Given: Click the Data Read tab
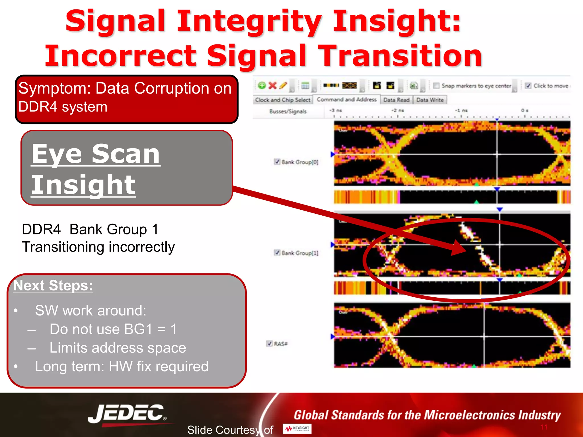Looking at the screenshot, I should [396, 100].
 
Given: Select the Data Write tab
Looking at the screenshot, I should [430, 100].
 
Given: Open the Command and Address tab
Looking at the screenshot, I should [346, 100].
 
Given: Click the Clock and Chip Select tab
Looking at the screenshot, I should [282, 100].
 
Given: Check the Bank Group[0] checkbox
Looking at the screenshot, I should [277, 162].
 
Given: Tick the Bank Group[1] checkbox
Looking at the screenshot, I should [277, 253].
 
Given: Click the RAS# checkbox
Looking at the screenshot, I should [269, 343].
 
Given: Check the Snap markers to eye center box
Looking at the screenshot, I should [436, 86].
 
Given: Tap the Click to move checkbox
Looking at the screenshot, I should [528, 86].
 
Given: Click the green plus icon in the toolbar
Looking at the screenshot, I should [262, 85].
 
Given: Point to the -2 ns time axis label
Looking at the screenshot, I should [397, 110].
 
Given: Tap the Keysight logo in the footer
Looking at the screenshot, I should [297, 428].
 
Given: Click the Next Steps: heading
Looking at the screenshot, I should [53, 285].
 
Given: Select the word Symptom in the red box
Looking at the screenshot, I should [54, 88].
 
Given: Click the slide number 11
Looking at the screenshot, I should [544, 427].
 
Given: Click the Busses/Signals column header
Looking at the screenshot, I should [288, 111].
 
